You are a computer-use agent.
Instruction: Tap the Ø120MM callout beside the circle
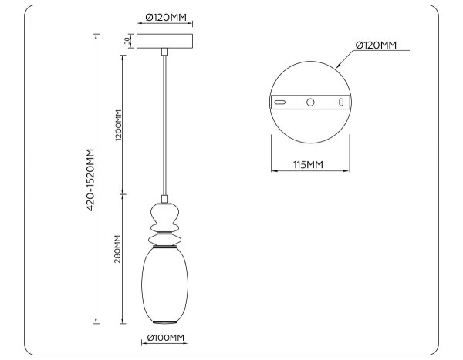point(376,46)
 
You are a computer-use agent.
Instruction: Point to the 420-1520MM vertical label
point(90,179)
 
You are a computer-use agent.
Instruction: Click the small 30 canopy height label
point(126,41)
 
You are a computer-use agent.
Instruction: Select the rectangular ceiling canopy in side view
point(164,41)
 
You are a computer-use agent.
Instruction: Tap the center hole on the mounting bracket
point(310,102)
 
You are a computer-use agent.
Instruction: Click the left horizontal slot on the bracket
point(282,102)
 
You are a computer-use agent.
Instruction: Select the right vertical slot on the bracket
point(340,102)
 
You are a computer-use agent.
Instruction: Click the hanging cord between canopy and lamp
point(164,123)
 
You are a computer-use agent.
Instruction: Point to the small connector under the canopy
point(164,52)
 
